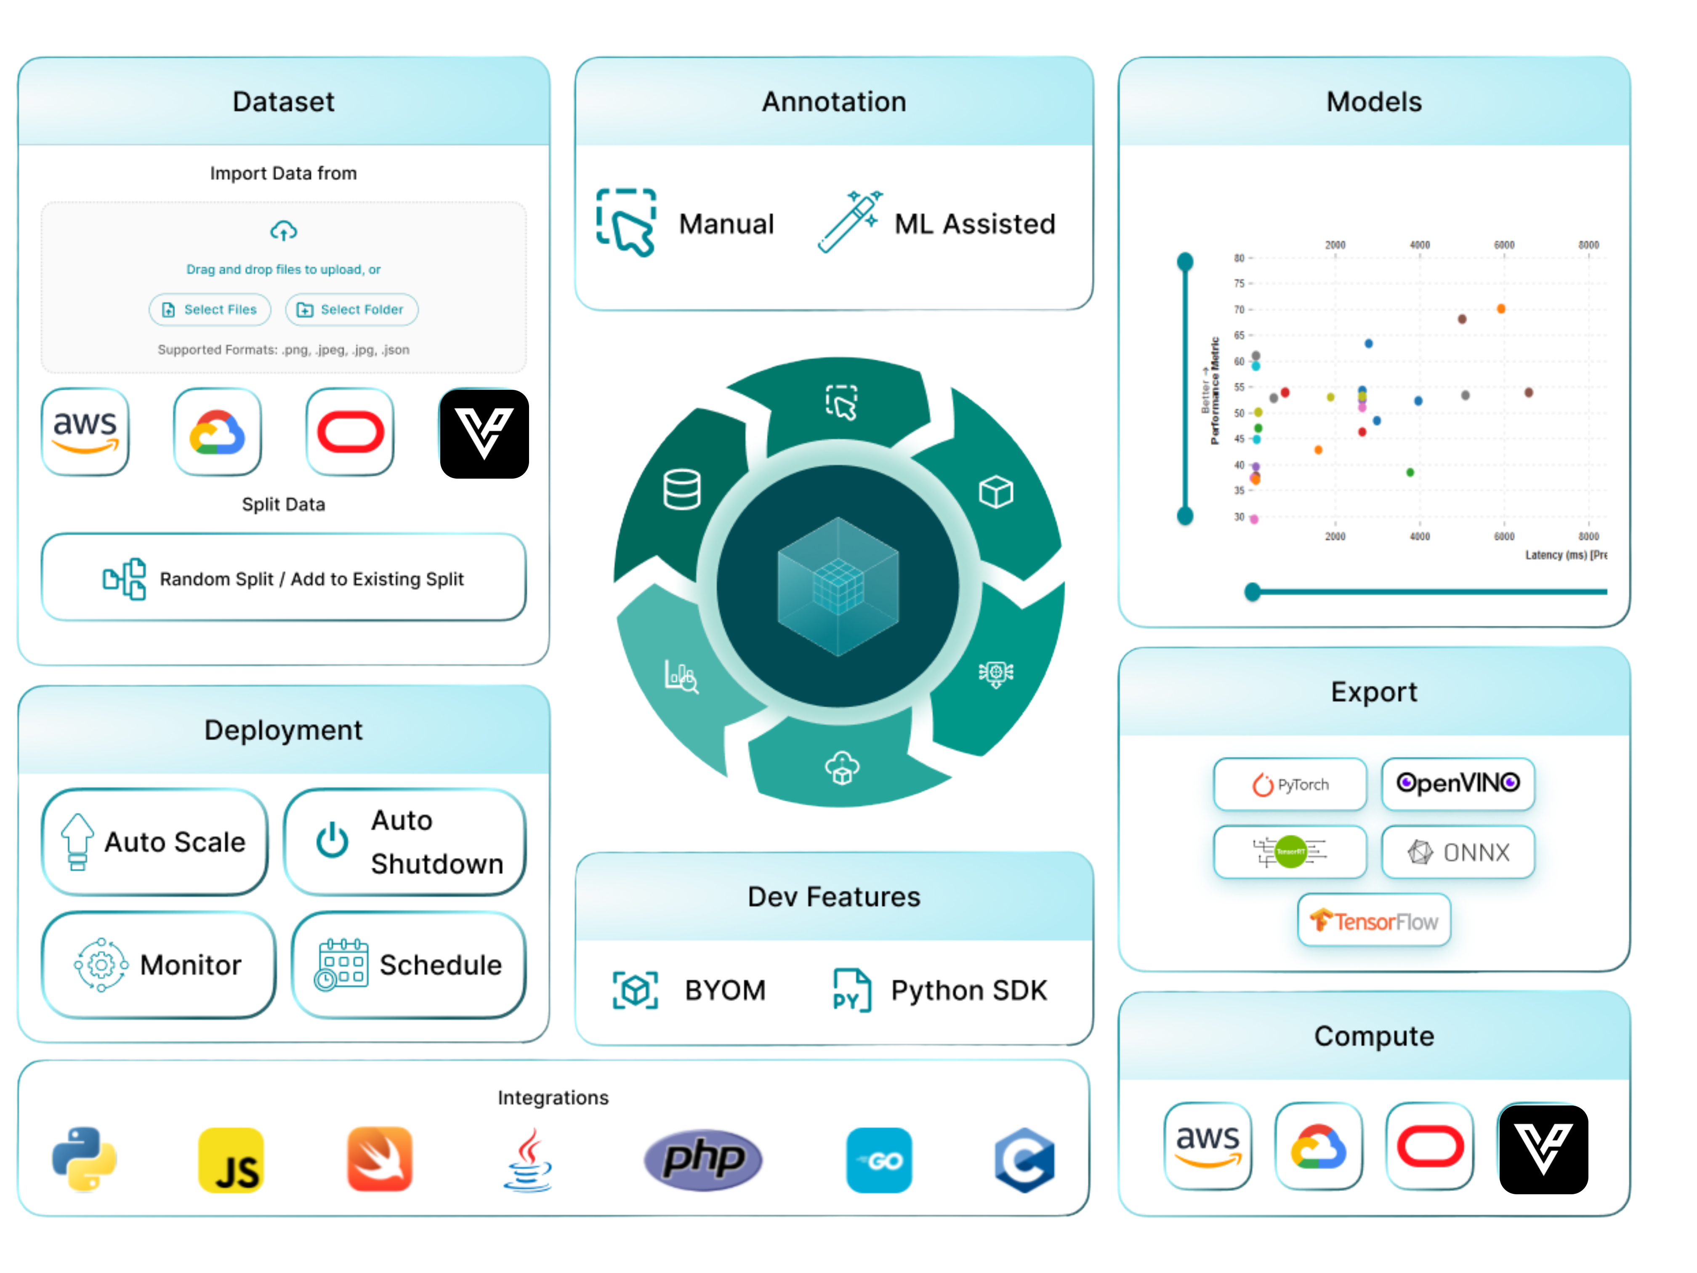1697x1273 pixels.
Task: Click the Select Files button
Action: (x=210, y=309)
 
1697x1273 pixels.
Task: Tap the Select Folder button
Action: (x=351, y=309)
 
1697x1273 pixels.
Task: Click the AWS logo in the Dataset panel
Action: (x=85, y=432)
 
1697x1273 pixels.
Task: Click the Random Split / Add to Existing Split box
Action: (x=284, y=578)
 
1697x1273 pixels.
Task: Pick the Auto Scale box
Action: (x=155, y=842)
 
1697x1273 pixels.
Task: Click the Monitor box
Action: (x=159, y=964)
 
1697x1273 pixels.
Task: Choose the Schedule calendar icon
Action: (x=341, y=964)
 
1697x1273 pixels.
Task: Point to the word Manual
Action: (x=726, y=224)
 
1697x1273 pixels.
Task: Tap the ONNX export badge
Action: (x=1458, y=852)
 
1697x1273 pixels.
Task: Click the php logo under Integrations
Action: (x=703, y=1159)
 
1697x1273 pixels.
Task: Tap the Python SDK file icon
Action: (x=851, y=990)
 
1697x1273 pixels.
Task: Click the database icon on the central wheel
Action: (x=682, y=490)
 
